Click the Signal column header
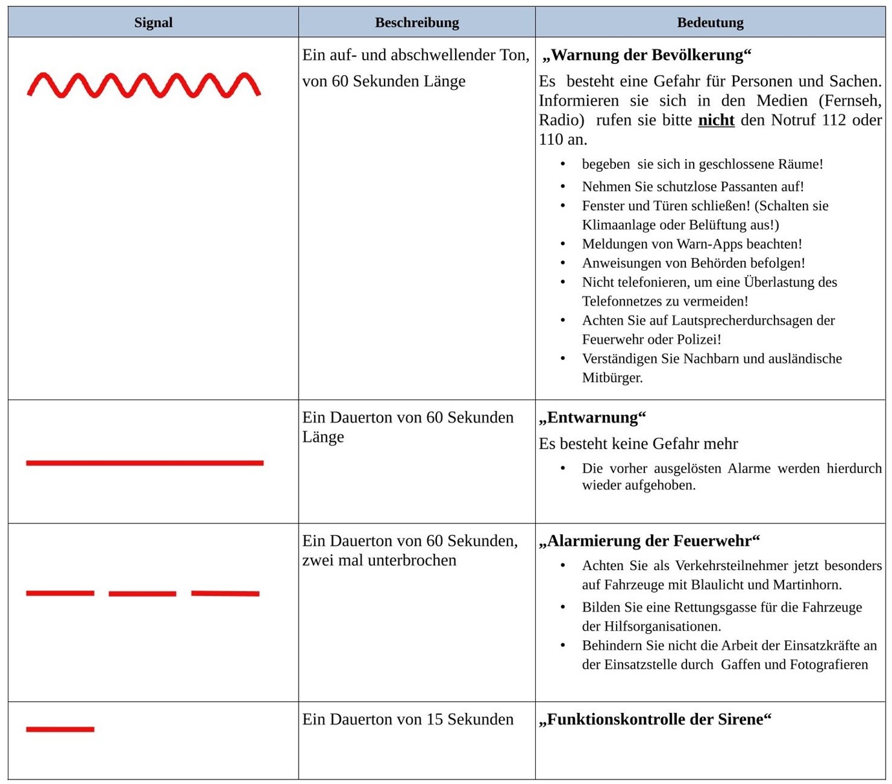(x=153, y=23)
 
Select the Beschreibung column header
(x=417, y=23)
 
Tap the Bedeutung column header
(x=710, y=23)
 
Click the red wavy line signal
(x=143, y=85)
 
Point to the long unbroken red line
(x=145, y=463)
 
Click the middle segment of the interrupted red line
(x=142, y=593)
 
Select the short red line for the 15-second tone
(x=60, y=729)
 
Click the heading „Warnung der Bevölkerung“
(x=646, y=55)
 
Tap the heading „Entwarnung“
(x=592, y=418)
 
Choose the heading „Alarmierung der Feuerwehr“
(x=649, y=540)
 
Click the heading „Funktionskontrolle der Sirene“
(x=655, y=719)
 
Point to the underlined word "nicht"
(x=716, y=120)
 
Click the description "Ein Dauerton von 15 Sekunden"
(x=408, y=719)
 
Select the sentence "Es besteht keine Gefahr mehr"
(x=638, y=444)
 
